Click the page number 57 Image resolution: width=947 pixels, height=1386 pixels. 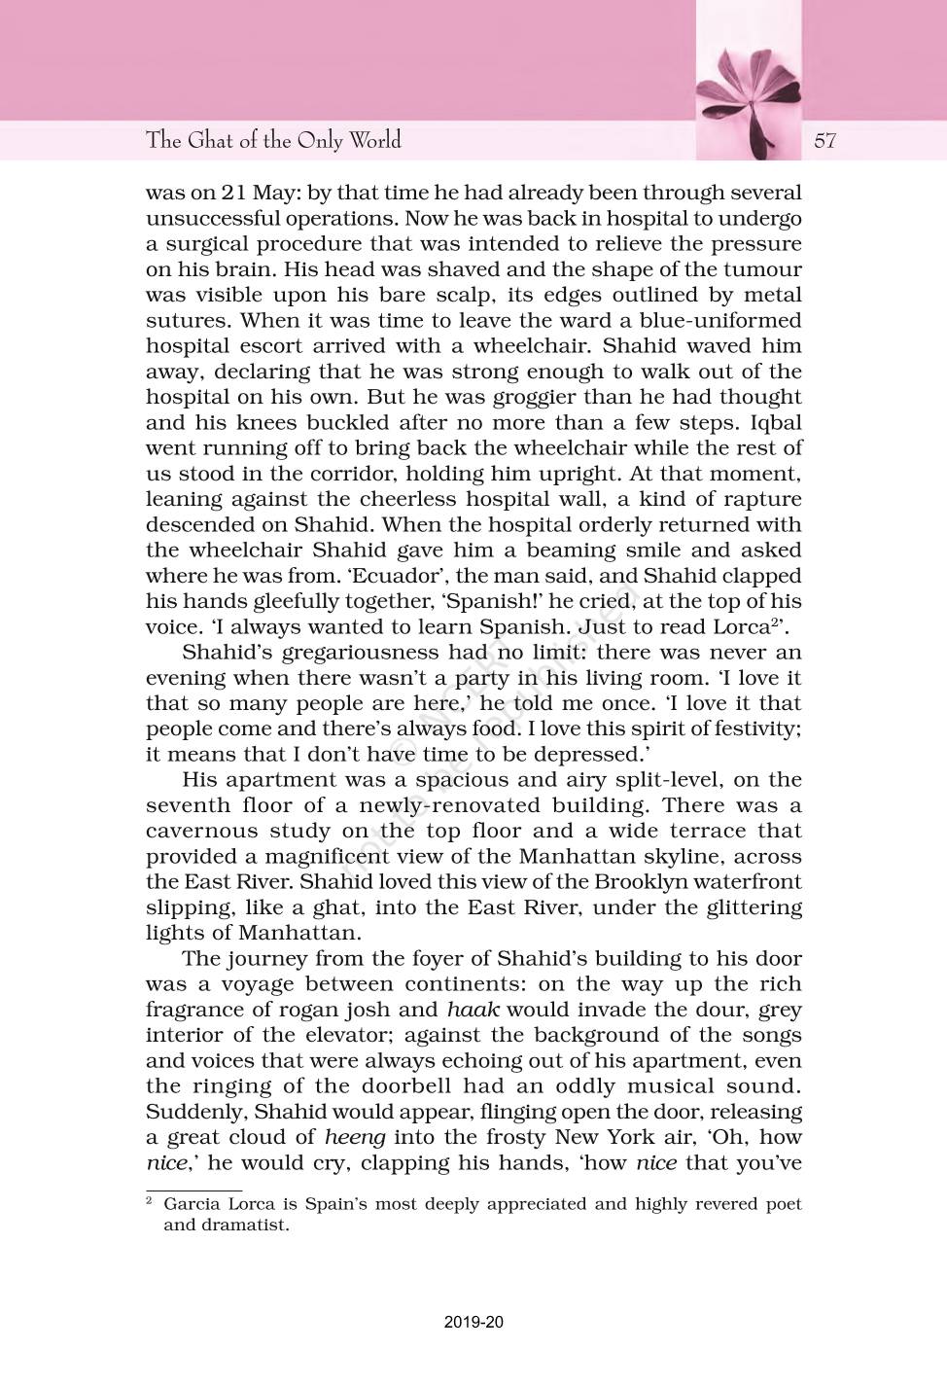pyautogui.click(x=824, y=140)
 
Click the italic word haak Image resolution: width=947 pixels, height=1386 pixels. pyautogui.click(x=473, y=1010)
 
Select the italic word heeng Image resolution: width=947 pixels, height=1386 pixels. pyautogui.click(x=355, y=1137)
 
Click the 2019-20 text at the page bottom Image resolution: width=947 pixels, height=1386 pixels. pyautogui.click(x=473, y=1322)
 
